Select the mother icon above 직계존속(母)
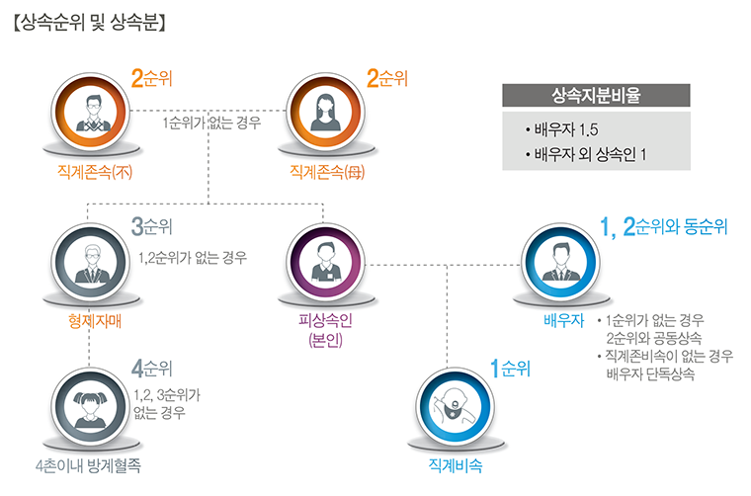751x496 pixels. click(327, 110)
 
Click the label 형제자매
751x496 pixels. click(89, 321)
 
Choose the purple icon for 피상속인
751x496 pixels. click(326, 261)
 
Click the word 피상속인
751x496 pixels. click(325, 321)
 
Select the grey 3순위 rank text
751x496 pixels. click(152, 227)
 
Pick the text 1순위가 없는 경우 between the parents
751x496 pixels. click(211, 124)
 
